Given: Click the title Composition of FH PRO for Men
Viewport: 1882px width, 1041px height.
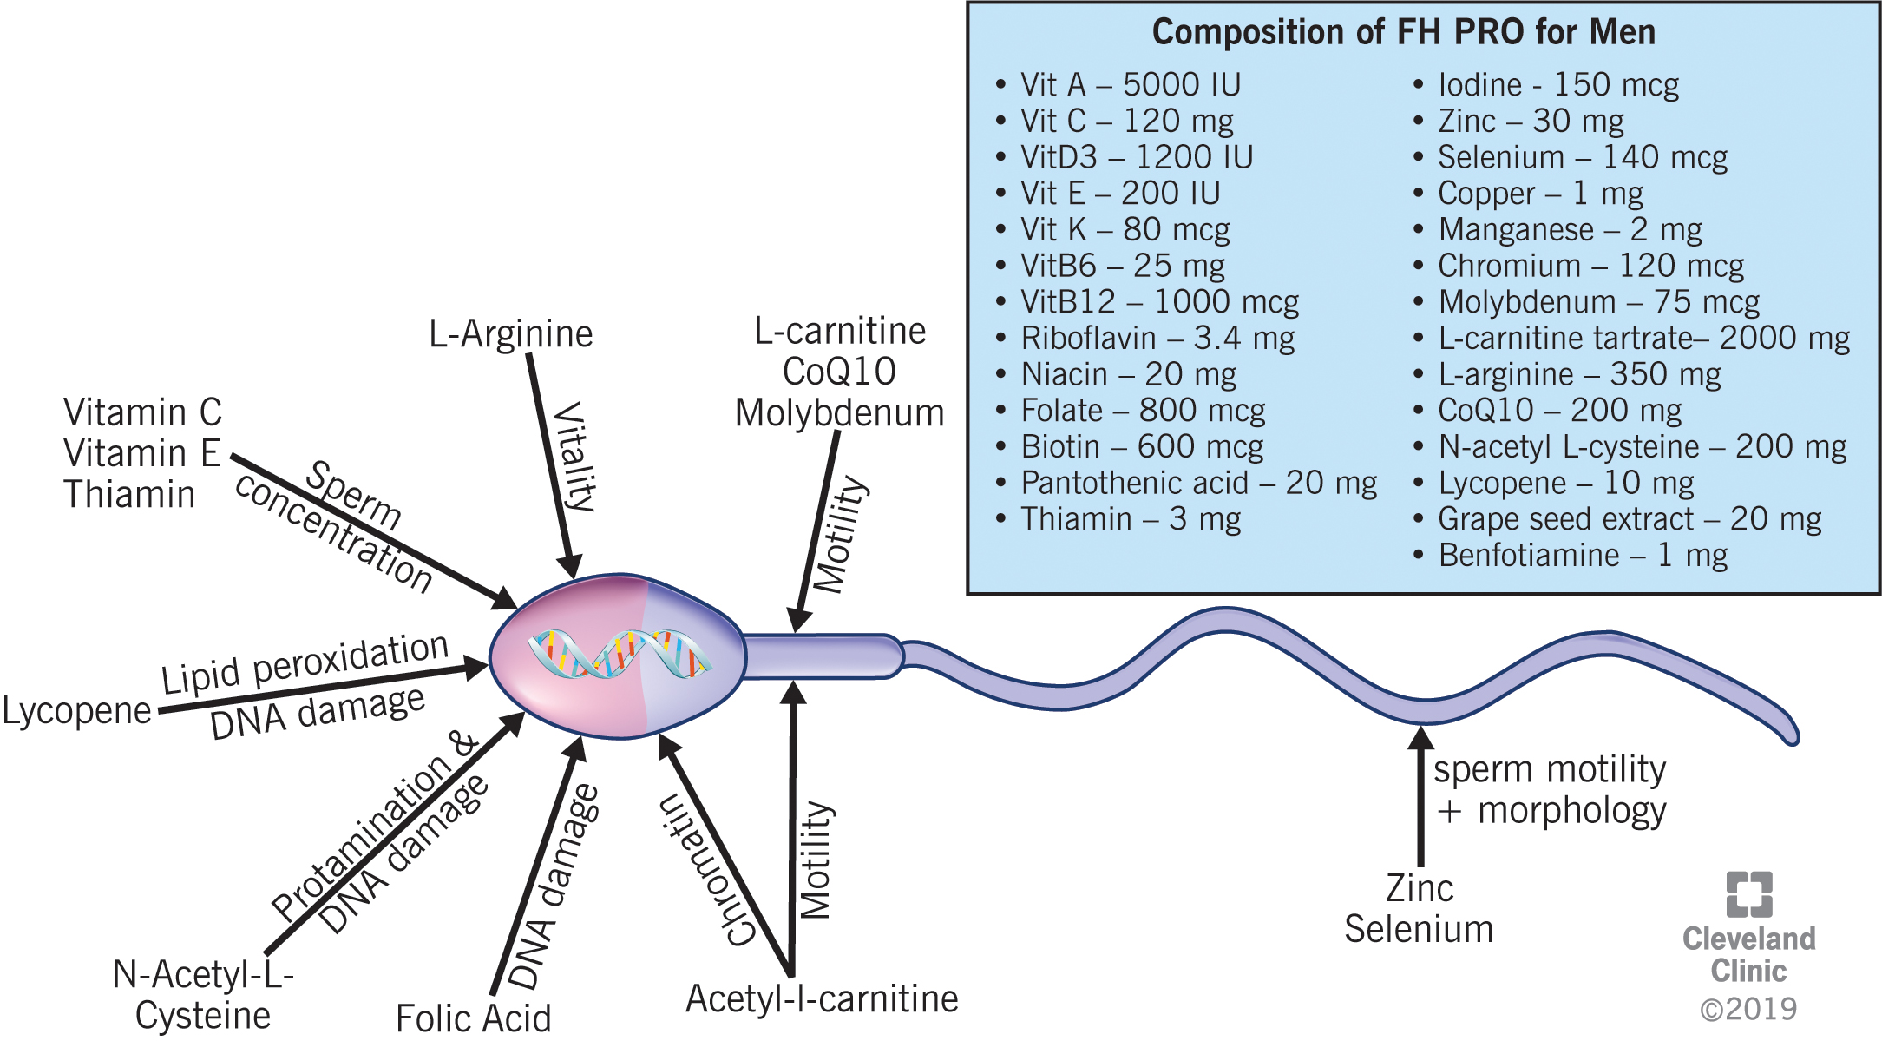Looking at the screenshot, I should (x=1403, y=33).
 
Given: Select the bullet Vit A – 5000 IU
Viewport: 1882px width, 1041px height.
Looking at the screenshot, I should (x=1130, y=85).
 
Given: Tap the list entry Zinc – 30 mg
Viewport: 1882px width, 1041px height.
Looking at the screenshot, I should (x=1531, y=122).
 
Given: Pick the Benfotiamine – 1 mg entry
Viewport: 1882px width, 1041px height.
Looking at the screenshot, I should (x=1583, y=556).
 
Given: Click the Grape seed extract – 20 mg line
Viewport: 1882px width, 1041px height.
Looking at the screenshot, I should (x=1629, y=519).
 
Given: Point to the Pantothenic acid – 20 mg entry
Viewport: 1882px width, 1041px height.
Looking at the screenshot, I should (x=1198, y=484).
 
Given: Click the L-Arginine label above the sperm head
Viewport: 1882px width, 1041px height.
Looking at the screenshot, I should (x=510, y=334).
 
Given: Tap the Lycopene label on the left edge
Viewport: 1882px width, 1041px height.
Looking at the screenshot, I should (x=76, y=711).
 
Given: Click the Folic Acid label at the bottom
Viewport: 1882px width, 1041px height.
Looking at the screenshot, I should (x=473, y=1018).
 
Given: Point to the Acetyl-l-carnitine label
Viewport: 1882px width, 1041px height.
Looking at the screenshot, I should (x=822, y=999).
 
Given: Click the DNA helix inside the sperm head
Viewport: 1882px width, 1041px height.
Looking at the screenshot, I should (x=618, y=655).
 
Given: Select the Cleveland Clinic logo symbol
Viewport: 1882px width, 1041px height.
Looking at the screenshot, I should (x=1748, y=894).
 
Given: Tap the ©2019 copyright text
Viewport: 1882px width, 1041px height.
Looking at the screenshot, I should (x=1748, y=1010).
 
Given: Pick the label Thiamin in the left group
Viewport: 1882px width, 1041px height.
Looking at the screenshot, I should (x=129, y=495).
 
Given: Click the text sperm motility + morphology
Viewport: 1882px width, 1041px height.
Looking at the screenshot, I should (x=1550, y=790).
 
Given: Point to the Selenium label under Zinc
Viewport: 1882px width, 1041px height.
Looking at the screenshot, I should (x=1419, y=930).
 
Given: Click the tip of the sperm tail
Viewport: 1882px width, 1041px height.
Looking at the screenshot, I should (x=1793, y=737).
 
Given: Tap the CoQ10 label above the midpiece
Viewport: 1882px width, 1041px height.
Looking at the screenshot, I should (x=839, y=372).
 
